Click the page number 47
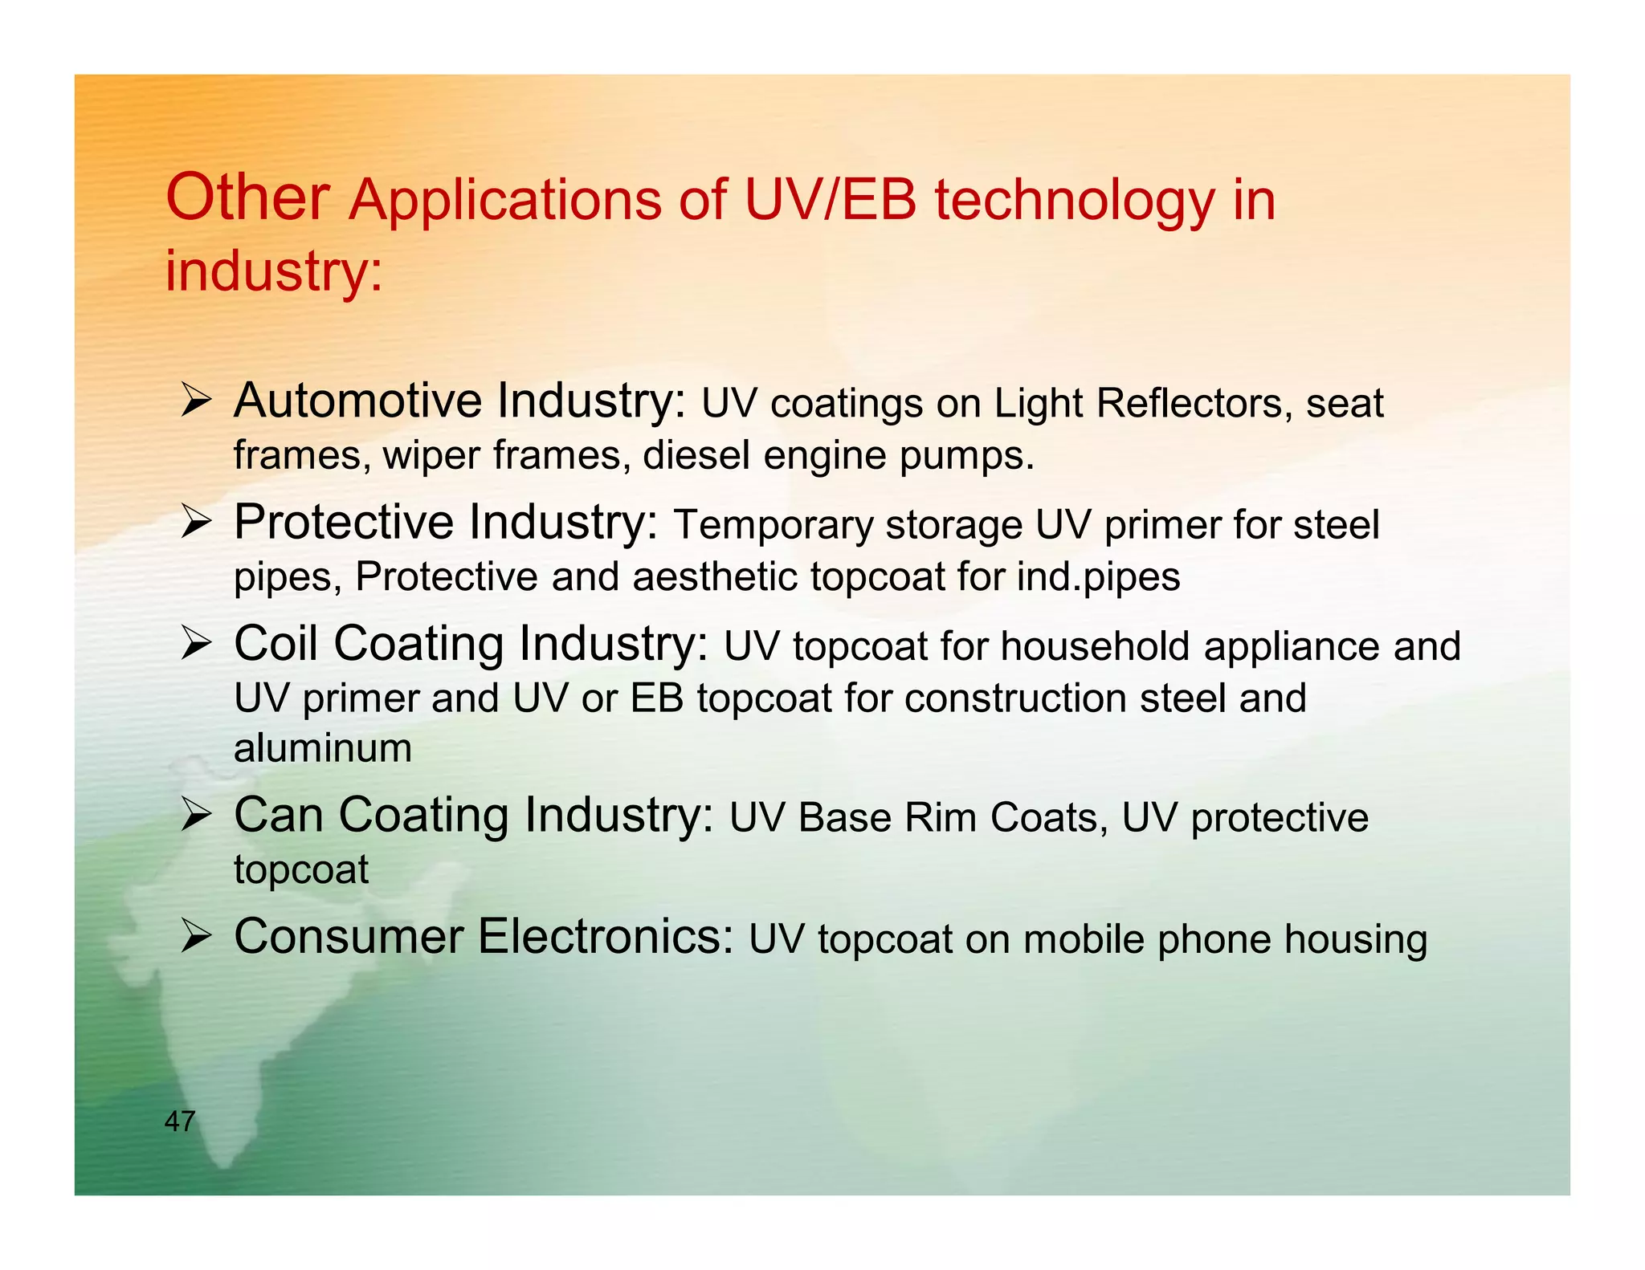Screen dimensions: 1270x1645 pos(180,1121)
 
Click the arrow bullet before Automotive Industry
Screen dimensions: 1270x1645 pos(195,400)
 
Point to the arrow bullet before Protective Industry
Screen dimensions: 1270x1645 pos(195,522)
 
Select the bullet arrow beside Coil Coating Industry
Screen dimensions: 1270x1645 pos(195,644)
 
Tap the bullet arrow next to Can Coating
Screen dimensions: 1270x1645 pos(195,816)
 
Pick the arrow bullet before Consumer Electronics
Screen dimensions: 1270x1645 pos(195,937)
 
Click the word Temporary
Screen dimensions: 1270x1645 pos(773,525)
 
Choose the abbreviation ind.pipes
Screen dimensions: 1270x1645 pos(1098,576)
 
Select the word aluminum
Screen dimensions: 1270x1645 pos(323,748)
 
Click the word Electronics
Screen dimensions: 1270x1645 pos(606,937)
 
